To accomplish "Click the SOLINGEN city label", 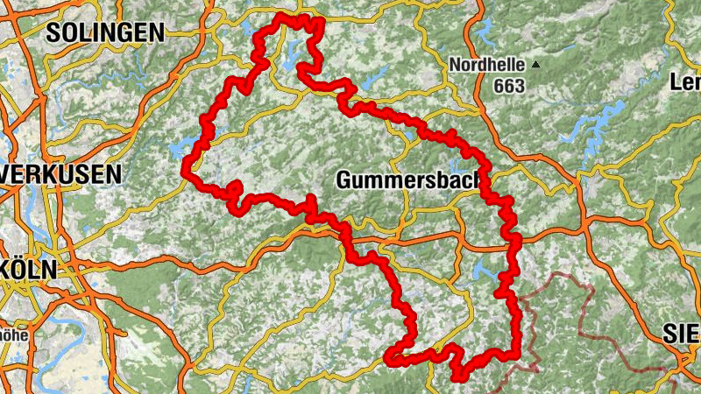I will coord(105,33).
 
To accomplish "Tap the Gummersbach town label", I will coord(409,180).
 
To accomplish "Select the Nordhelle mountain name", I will coord(486,65).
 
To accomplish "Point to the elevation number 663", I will coord(508,85).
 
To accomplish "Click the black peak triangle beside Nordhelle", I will coord(536,65).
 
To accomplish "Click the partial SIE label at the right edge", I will coord(681,333).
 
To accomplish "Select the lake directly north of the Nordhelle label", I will coord(485,35).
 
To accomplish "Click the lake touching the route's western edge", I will coord(187,147).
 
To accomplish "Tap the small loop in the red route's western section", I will coord(234,190).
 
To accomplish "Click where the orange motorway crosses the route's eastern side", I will coord(513,236).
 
